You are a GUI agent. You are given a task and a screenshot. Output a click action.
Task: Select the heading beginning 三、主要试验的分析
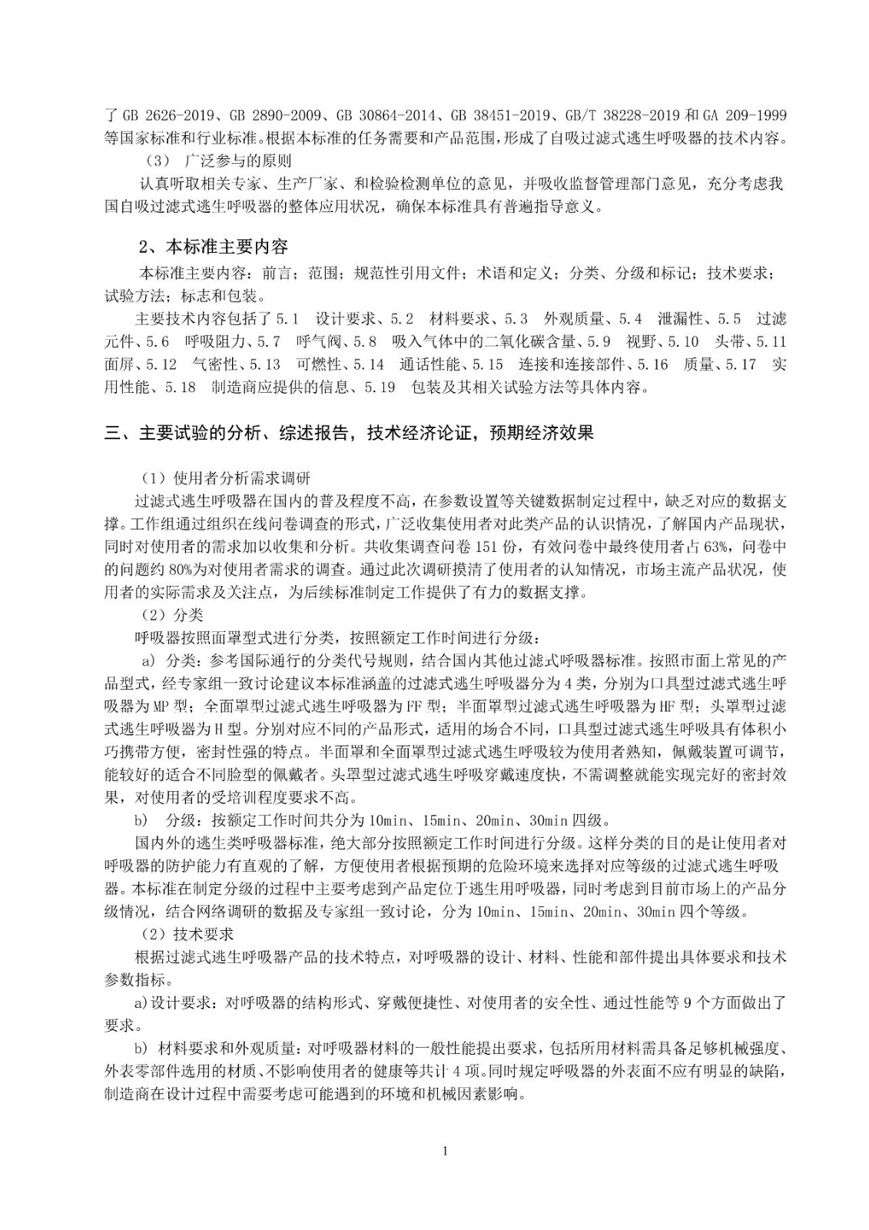click(x=349, y=434)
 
